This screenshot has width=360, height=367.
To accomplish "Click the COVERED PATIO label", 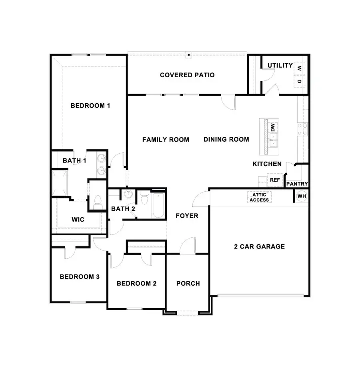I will (187, 75).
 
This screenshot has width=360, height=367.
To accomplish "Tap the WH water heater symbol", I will (301, 196).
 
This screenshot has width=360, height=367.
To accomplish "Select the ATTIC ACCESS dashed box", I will (259, 197).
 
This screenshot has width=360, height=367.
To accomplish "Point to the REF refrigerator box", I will (274, 180).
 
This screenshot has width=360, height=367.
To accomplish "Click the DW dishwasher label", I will (273, 127).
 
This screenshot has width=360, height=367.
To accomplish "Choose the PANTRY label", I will (297, 184).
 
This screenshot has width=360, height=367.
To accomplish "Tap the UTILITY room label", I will (280, 65).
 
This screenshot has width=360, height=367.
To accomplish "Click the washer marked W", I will (299, 68).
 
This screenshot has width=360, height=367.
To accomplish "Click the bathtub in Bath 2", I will (158, 205).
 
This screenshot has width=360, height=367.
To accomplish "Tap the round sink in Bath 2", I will (128, 195).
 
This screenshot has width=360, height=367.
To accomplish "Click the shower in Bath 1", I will (60, 182).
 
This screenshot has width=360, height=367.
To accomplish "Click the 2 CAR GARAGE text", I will (259, 247).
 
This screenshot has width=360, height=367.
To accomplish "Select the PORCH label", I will (188, 283).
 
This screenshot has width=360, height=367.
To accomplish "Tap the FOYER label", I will (187, 216).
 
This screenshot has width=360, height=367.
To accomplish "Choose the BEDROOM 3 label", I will (79, 277).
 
